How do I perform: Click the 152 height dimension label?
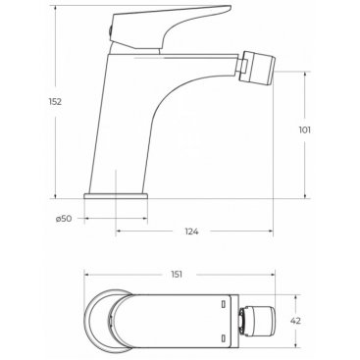tap(55, 102)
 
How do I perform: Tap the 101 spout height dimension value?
tap(304, 130)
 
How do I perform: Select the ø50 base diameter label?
tap(64, 219)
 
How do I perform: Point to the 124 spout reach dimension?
tap(191, 231)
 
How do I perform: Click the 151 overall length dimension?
tap(177, 275)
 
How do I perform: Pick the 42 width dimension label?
tap(295, 321)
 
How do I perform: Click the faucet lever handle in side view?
tap(170, 27)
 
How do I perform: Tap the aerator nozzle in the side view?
tap(258, 68)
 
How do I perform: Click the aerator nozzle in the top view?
tap(258, 321)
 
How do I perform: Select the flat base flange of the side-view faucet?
tap(116, 196)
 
